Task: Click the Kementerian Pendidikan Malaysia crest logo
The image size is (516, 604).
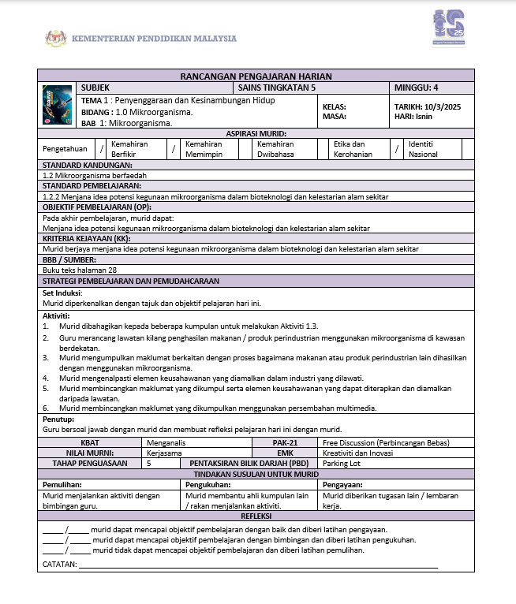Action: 56,39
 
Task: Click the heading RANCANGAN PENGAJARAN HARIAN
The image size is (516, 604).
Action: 256,76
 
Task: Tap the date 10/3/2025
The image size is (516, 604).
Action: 442,106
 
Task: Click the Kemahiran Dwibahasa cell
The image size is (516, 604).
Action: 275,149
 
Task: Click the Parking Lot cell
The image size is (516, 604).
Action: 340,464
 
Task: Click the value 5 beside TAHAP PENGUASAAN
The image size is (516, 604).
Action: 149,464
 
